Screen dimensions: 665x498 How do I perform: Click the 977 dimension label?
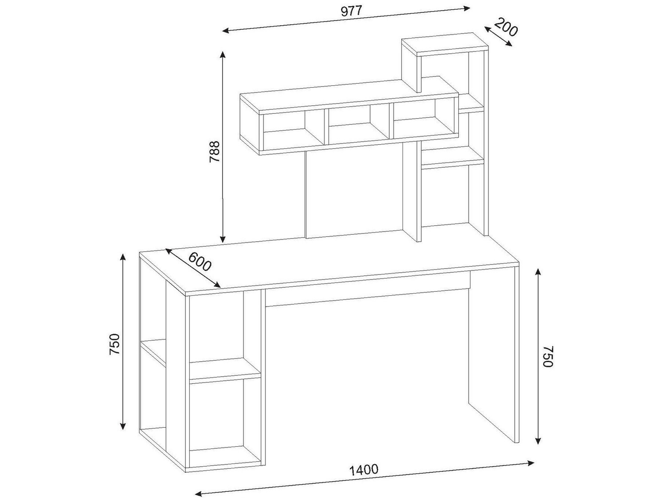pos(352,11)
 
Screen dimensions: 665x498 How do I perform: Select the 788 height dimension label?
pos(215,151)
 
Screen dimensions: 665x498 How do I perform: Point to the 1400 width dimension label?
pos(364,469)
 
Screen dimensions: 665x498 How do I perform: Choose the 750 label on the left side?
pos(115,344)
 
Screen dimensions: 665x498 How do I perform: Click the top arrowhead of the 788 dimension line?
pos(223,55)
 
